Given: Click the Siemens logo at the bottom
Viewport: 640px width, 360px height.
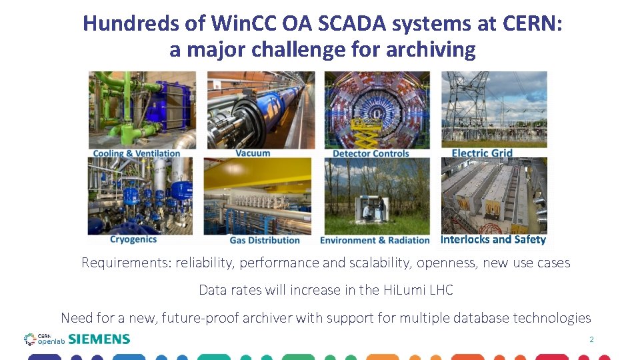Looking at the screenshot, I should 99,339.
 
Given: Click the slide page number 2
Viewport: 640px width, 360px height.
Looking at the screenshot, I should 591,340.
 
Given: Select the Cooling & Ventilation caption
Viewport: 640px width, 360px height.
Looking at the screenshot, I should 137,153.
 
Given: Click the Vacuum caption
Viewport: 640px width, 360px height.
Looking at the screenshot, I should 253,153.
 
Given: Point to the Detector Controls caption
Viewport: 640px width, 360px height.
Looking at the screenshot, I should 371,153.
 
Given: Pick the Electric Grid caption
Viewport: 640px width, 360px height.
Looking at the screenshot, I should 482,153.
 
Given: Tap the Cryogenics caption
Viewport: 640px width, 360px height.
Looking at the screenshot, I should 133,239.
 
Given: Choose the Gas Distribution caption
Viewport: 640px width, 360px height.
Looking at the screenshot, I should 265,240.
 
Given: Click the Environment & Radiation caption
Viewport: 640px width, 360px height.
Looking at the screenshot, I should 375,240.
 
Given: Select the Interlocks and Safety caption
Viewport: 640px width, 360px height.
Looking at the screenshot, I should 493,239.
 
